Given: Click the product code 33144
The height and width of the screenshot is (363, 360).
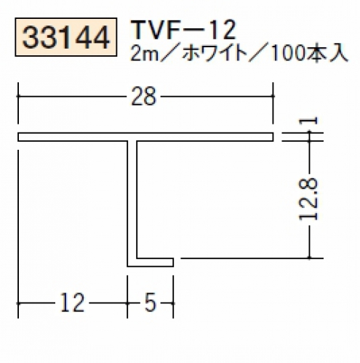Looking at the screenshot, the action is point(66,38).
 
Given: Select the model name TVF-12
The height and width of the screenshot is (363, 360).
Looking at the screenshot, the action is point(184,30).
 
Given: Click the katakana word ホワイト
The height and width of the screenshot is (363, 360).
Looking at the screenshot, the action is point(213,54).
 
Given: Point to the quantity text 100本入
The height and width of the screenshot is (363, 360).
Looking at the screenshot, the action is point(308,54).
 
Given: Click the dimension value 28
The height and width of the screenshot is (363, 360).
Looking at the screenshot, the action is point(143,96).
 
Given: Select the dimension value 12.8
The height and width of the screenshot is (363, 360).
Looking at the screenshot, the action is point(308,199).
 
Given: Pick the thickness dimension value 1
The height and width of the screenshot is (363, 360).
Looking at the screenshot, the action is point(308,121).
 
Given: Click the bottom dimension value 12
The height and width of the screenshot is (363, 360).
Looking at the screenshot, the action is point(72,303).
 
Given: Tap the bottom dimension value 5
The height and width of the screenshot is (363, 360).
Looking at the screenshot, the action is point(151,303).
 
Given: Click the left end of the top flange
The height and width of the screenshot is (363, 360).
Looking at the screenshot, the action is point(18,137).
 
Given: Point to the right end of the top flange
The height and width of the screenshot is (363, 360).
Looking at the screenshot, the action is point(273,137).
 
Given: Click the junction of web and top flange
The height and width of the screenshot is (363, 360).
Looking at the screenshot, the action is point(132,140).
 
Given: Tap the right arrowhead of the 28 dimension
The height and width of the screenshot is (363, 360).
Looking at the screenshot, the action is point(272,96).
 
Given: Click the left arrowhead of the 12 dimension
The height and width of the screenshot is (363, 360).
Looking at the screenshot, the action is point(19,303).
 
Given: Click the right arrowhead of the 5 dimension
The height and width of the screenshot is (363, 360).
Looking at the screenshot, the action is point(172,303).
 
